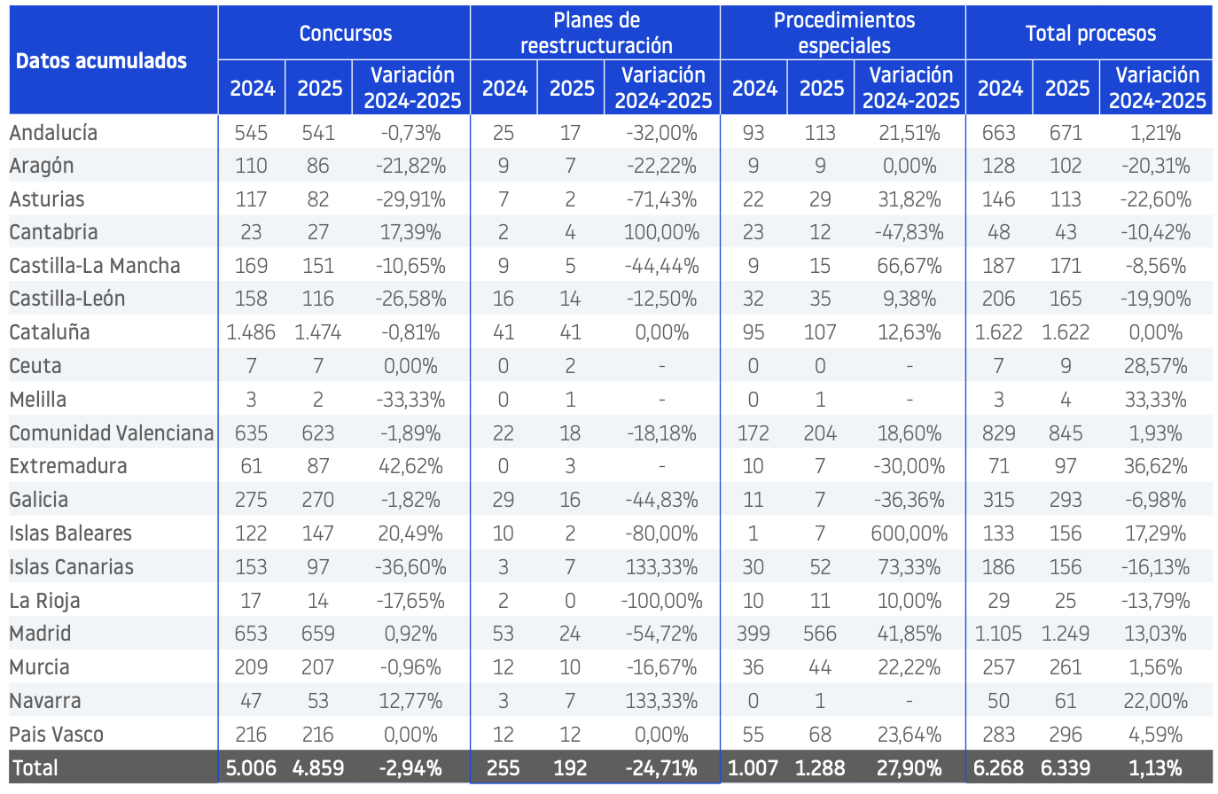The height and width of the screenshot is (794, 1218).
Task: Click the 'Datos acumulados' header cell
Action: pyautogui.click(x=101, y=61)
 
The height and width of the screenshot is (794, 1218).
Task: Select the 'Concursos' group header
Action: pyautogui.click(x=346, y=33)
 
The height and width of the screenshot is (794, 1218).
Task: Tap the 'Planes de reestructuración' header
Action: pyautogui.click(x=597, y=33)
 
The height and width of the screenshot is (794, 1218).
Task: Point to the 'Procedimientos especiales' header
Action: pyautogui.click(x=844, y=33)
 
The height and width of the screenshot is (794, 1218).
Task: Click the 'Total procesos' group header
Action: pyautogui.click(x=1090, y=33)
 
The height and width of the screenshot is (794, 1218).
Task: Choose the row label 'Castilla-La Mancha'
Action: pyautogui.click(x=95, y=266)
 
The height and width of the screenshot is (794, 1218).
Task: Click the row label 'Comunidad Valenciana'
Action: pyautogui.click(x=112, y=433)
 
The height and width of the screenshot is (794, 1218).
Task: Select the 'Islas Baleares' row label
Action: pyautogui.click(x=71, y=533)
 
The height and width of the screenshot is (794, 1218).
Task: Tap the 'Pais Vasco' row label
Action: pyautogui.click(x=57, y=735)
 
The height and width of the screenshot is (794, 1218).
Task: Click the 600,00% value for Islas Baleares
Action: pyautogui.click(x=910, y=533)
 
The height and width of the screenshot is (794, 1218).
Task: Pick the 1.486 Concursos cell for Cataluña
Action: pyautogui.click(x=251, y=332)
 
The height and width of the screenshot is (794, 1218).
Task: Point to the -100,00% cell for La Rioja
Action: pyautogui.click(x=661, y=601)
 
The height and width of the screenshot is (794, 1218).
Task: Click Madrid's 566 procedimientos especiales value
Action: pyautogui.click(x=820, y=634)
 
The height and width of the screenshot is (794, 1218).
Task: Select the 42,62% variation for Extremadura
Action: pyautogui.click(x=410, y=466)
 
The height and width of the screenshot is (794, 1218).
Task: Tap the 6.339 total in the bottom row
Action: pyautogui.click(x=1066, y=768)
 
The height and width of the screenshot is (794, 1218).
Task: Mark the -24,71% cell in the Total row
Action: pyautogui.click(x=661, y=768)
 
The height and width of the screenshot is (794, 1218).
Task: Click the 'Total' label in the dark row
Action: pyautogui.click(x=35, y=768)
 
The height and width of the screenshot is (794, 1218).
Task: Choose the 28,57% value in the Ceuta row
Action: pyautogui.click(x=1155, y=366)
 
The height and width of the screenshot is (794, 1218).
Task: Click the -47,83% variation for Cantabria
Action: pyautogui.click(x=910, y=232)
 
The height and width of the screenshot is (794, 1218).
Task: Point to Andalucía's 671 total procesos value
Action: pyautogui.click(x=1066, y=133)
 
